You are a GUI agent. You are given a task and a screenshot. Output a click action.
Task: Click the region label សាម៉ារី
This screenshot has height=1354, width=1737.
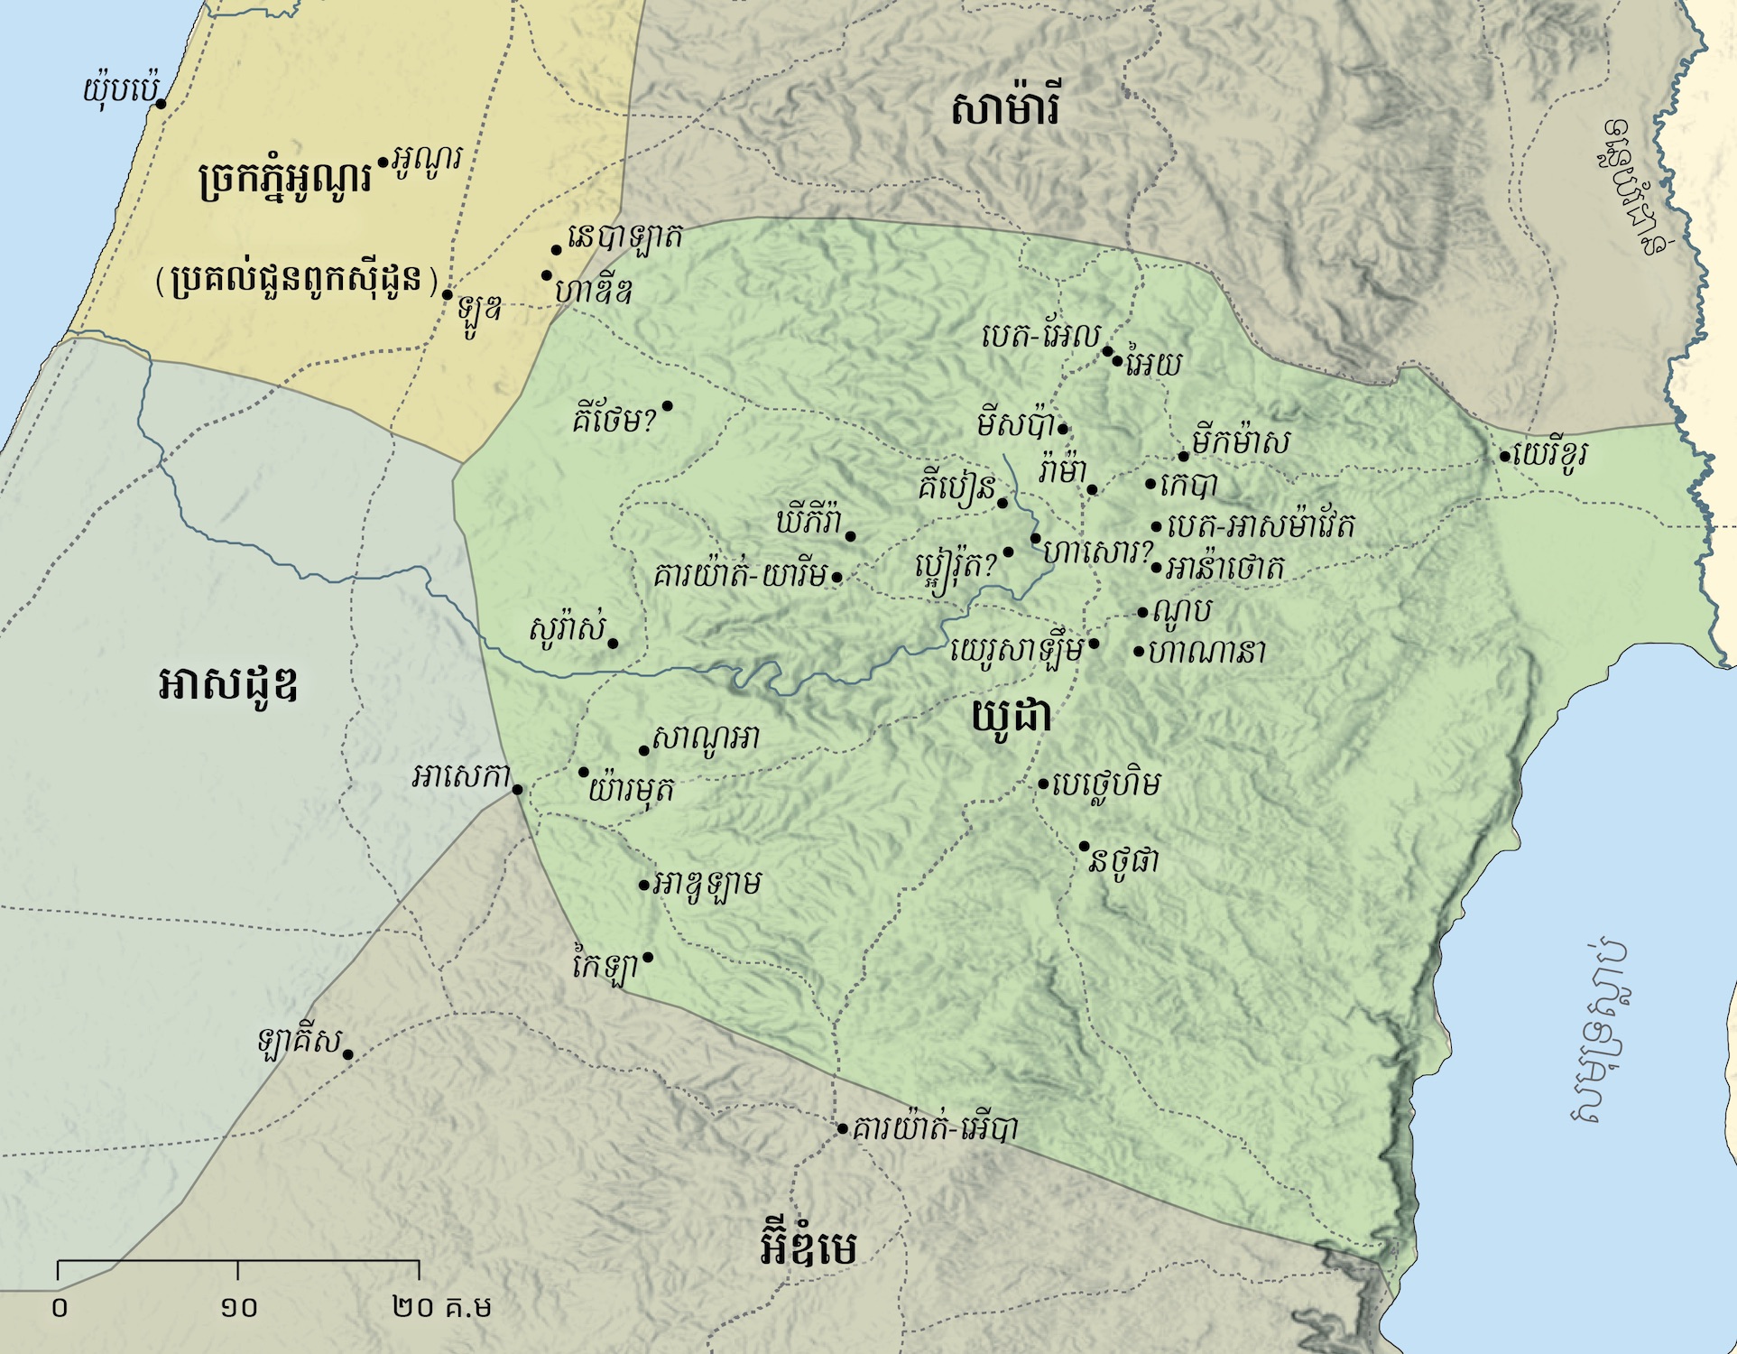click(x=1005, y=108)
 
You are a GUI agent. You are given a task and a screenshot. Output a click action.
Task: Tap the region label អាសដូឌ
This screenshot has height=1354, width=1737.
click(x=227, y=684)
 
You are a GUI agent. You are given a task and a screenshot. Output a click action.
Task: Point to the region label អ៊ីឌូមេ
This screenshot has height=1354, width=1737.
click(x=808, y=1247)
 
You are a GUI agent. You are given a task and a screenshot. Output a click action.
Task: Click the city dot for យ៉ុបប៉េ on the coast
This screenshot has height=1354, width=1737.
click(x=161, y=104)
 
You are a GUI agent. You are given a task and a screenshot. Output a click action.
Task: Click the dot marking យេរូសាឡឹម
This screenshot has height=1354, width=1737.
click(x=1094, y=644)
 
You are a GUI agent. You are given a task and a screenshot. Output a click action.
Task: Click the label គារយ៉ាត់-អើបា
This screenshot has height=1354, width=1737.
click(x=935, y=1128)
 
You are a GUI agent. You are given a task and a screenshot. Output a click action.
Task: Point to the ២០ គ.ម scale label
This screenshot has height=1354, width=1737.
click(x=442, y=1306)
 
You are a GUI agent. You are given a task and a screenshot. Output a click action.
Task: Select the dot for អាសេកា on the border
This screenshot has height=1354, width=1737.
click(x=517, y=789)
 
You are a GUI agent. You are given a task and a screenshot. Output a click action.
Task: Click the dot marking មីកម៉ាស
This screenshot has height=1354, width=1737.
click(x=1184, y=456)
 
